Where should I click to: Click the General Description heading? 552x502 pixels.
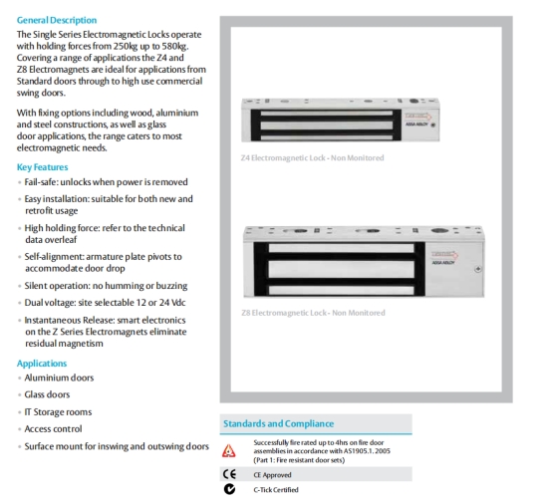(57, 20)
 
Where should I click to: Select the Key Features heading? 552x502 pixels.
(42, 167)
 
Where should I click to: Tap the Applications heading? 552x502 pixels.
(42, 364)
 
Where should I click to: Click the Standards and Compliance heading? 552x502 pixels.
(278, 423)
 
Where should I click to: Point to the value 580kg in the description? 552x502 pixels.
(175, 46)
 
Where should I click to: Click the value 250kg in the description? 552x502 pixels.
(126, 46)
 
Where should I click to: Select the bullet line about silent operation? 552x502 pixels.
(106, 286)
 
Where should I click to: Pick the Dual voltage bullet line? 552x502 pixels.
(105, 303)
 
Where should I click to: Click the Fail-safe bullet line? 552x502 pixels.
(106, 182)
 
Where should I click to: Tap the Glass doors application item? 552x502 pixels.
(47, 394)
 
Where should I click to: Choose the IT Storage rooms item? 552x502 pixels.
(58, 412)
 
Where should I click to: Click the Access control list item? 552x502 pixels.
(53, 428)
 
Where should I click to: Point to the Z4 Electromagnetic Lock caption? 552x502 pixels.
(312, 158)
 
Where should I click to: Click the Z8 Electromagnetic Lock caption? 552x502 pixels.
(313, 313)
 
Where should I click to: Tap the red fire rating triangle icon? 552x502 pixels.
(229, 451)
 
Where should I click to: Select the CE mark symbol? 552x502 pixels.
(229, 474)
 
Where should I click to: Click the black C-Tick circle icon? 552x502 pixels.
(229, 489)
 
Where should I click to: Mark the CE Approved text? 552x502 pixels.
(272, 475)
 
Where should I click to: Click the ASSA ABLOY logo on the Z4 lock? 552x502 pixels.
(416, 125)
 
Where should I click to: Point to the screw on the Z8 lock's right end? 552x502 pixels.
(477, 269)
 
